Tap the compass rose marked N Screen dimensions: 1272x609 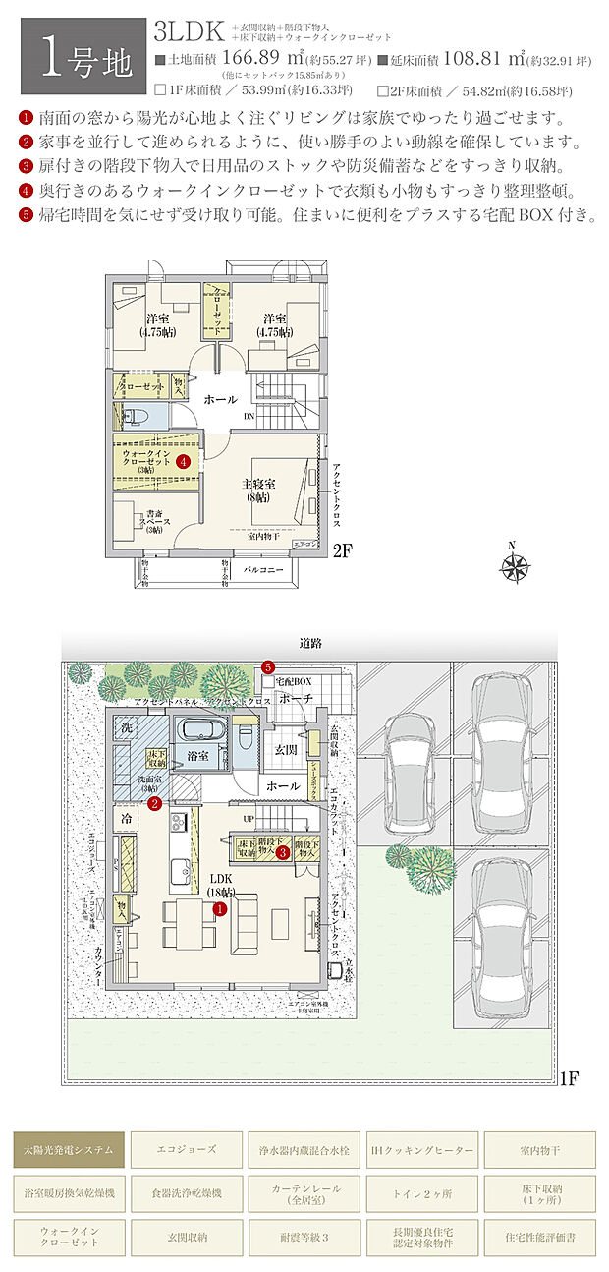pos(514,565)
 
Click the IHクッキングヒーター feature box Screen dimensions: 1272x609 pos(421,1148)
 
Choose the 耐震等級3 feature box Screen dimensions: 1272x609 pos(304,1234)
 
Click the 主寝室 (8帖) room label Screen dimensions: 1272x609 pos(260,490)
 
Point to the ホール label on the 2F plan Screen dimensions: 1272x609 pos(220,401)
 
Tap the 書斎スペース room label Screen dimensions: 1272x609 pos(154,520)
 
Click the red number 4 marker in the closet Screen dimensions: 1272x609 pos(183,460)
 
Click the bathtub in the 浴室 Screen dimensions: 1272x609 pos(201,732)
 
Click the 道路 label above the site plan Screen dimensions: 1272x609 pos(310,642)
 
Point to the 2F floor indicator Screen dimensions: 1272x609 pos(342,550)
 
